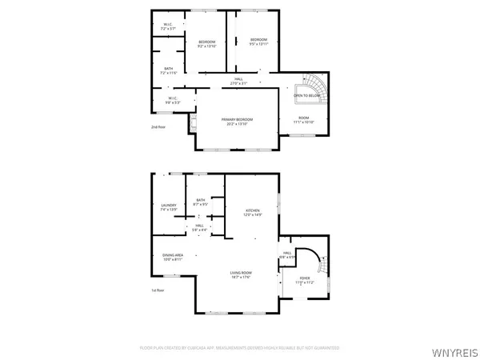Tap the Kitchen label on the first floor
253,213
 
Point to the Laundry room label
168,206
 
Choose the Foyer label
305,280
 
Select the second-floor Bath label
169,70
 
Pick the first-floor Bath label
200,202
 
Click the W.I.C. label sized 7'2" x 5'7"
168,26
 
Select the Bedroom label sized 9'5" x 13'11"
258,42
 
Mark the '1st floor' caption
158,290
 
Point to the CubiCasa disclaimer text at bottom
240,348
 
